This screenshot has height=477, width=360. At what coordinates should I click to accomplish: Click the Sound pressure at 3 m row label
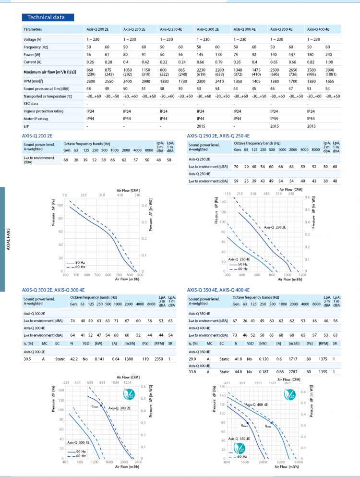pyautogui.click(x=46, y=89)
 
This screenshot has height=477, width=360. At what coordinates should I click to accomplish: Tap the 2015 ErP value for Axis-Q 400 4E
pyautogui.click(x=312, y=126)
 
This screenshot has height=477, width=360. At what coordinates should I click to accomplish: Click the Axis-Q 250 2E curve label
pyautogui.click(x=275, y=227)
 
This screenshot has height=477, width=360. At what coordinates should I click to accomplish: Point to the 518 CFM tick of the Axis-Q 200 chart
pyautogui.click(x=137, y=195)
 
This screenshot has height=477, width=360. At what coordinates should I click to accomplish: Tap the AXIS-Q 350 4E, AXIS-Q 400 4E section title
pyautogui.click(x=218, y=290)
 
